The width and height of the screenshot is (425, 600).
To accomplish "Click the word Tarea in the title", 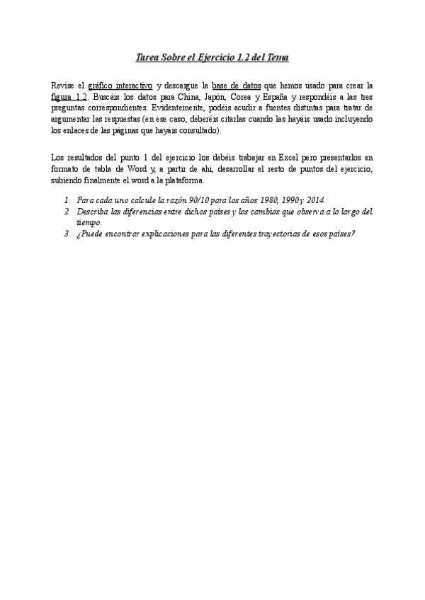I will point(147,57).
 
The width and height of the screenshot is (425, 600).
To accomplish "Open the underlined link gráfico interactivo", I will point(120,86).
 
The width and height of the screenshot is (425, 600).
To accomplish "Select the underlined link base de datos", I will point(237,86).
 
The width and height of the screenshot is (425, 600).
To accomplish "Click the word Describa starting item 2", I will point(92,212).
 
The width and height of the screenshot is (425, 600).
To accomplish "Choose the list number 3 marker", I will point(66,233).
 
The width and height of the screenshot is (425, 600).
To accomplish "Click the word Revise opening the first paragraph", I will point(64,86).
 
